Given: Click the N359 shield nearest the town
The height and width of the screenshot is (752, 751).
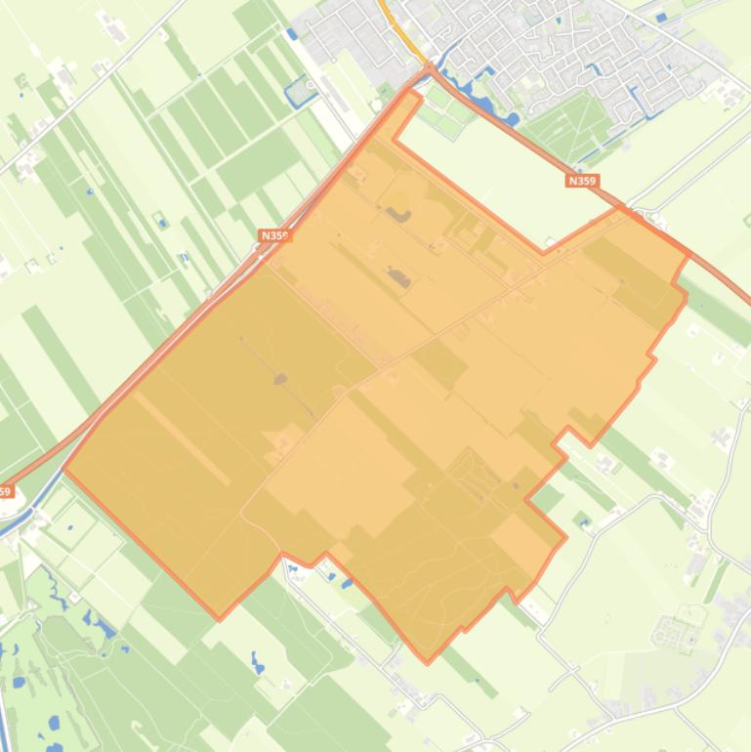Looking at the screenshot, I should [x=582, y=181].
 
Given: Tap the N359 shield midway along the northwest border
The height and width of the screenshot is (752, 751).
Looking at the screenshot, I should [x=275, y=235].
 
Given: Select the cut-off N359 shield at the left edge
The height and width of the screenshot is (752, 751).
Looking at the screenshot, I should [x=6, y=491].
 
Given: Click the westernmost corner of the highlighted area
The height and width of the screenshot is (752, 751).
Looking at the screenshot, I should [x=63, y=470].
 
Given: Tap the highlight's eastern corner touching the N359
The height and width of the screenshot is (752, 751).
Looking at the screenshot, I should [x=688, y=255].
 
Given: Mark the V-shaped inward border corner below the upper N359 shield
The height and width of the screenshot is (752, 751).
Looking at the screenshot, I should [x=544, y=253].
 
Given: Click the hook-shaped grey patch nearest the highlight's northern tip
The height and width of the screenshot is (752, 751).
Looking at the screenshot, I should [x=396, y=213].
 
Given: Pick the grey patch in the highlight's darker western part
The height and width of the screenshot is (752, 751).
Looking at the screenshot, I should [x=281, y=378].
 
